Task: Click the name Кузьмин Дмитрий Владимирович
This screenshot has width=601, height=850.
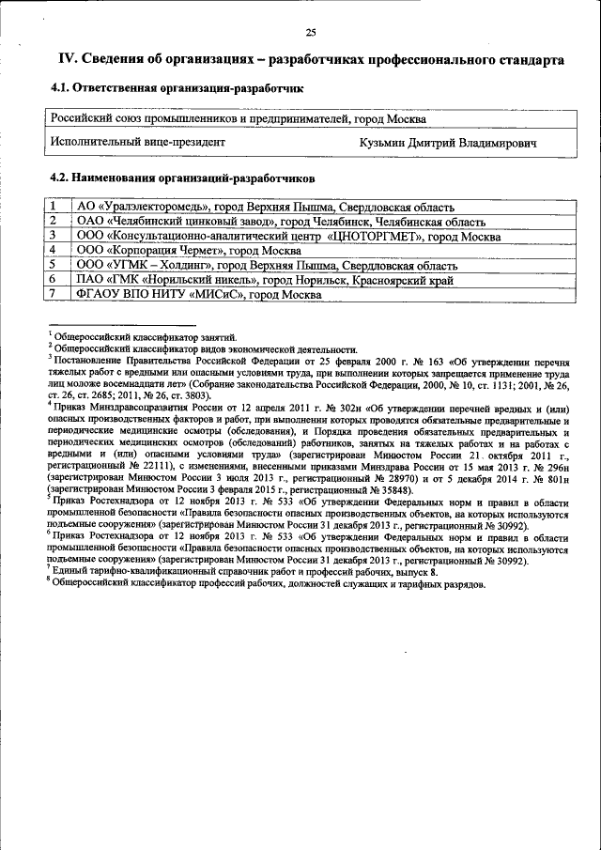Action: (x=447, y=143)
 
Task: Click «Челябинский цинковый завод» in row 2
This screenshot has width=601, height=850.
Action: (x=192, y=222)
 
